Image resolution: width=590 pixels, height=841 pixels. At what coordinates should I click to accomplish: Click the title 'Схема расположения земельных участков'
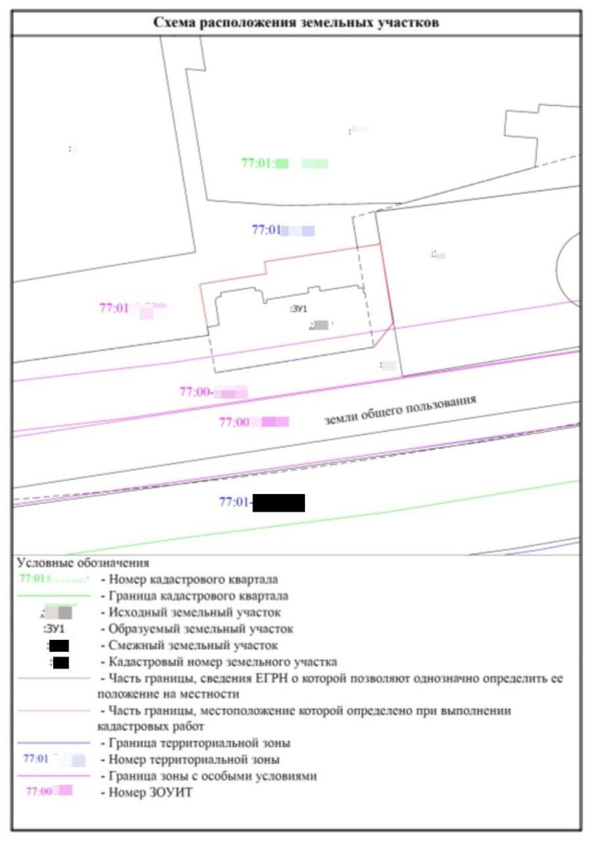[x=296, y=22]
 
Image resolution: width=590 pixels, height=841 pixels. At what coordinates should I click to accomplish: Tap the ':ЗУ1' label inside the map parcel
[x=299, y=308]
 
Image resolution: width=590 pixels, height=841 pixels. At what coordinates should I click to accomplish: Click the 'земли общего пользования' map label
[x=400, y=410]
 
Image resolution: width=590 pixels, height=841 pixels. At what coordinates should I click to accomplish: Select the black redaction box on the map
[x=278, y=502]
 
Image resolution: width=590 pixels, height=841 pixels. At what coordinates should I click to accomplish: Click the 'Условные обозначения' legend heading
[x=83, y=563]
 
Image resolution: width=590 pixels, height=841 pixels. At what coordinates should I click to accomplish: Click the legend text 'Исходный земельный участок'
[x=191, y=613]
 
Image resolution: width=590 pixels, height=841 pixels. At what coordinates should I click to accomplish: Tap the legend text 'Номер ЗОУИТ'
[x=146, y=793]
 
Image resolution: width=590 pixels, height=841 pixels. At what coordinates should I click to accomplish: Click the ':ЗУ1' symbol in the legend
[x=54, y=629]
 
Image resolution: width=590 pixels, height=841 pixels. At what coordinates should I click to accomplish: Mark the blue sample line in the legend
[x=54, y=743]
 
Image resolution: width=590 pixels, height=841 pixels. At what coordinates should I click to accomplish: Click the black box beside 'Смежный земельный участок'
[x=59, y=645]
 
